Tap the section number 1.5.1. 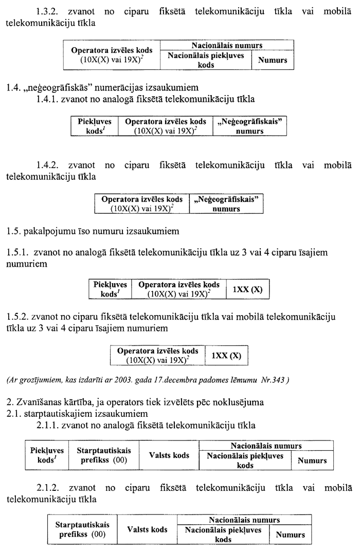click(x=17, y=252)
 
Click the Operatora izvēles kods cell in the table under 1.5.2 click(x=157, y=355)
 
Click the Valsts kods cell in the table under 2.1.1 click(x=169, y=455)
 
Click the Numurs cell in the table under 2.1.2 click(x=291, y=535)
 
